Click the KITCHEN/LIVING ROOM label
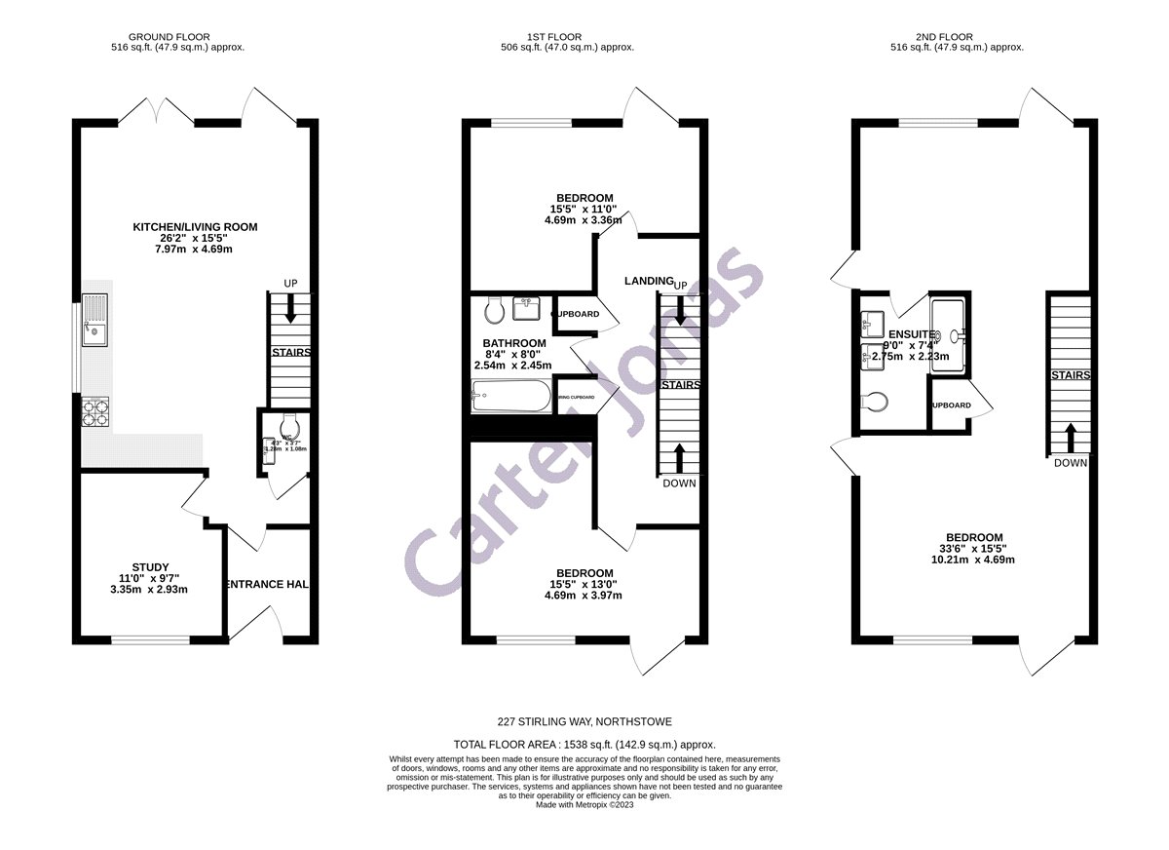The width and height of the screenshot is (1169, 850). (x=195, y=227)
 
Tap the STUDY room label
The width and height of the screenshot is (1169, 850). (x=151, y=567)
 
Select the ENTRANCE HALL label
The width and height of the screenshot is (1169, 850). (x=268, y=584)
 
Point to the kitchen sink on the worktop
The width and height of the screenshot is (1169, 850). (x=95, y=321)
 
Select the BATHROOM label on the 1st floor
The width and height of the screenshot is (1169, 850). (x=514, y=343)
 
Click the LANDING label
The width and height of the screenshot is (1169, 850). (x=648, y=281)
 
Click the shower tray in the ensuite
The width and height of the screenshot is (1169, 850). (x=950, y=335)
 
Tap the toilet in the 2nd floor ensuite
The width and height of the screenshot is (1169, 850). (x=876, y=401)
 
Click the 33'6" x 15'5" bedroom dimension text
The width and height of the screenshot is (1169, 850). (x=974, y=549)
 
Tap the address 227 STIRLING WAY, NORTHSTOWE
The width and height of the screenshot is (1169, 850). (x=584, y=722)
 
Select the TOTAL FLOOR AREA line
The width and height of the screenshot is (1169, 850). (x=584, y=744)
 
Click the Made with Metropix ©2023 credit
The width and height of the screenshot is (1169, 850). (x=584, y=805)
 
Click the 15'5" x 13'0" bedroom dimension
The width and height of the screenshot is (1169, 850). (x=584, y=584)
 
